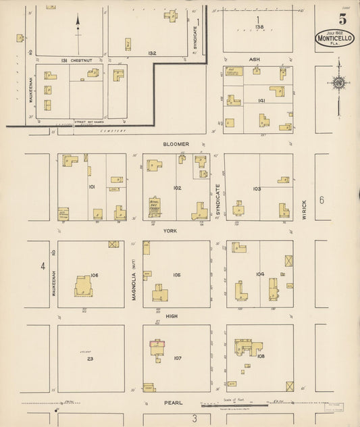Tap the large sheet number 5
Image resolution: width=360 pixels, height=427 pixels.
[342, 18]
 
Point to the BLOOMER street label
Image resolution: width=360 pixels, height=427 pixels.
[176, 144]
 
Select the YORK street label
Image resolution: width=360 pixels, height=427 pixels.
[171, 230]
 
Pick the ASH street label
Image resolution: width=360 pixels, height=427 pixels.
[255, 59]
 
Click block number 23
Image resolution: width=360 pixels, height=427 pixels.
[90, 359]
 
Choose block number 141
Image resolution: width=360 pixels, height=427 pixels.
[261, 100]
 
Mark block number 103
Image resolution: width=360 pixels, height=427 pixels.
[257, 189]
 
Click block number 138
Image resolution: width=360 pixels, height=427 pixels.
[259, 26]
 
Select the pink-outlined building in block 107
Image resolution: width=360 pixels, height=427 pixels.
[158, 343]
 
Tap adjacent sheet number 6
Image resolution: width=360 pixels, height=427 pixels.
[322, 200]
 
